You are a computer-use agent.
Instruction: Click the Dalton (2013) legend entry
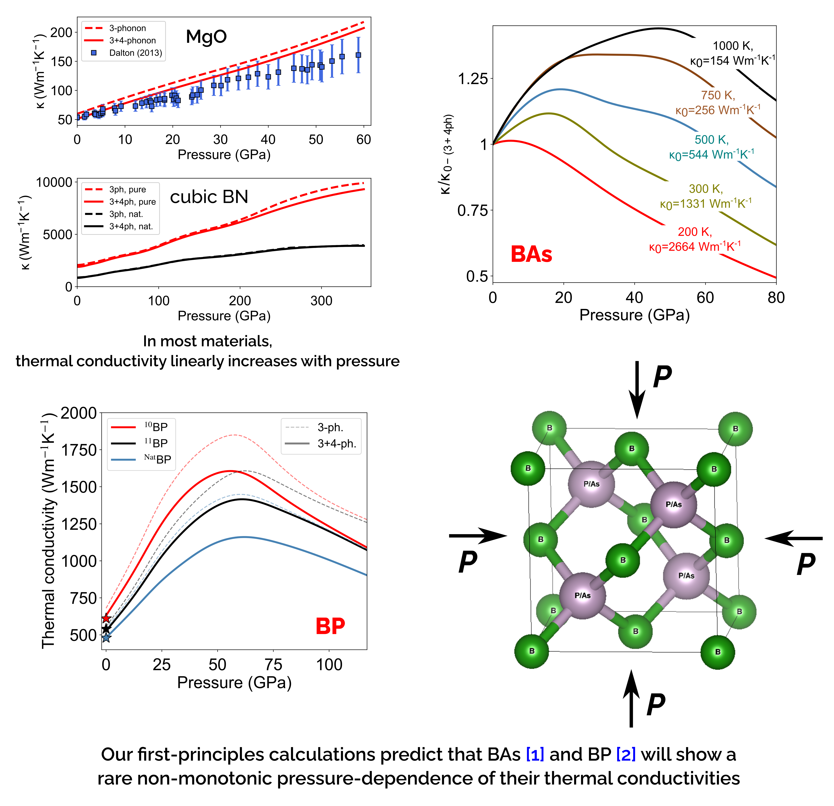[x=135, y=53]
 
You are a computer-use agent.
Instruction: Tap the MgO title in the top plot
[x=206, y=37]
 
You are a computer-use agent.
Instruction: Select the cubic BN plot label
[x=209, y=197]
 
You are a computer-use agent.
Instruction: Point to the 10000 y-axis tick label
[x=54, y=183]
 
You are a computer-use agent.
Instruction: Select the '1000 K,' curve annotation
[x=733, y=46]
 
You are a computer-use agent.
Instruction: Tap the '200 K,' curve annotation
[x=694, y=232]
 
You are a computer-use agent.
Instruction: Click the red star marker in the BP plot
[x=106, y=618]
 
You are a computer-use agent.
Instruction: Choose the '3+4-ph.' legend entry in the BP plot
[x=336, y=444]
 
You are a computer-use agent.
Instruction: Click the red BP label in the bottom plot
[x=330, y=626]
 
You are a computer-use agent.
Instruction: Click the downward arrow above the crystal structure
[x=637, y=389]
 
